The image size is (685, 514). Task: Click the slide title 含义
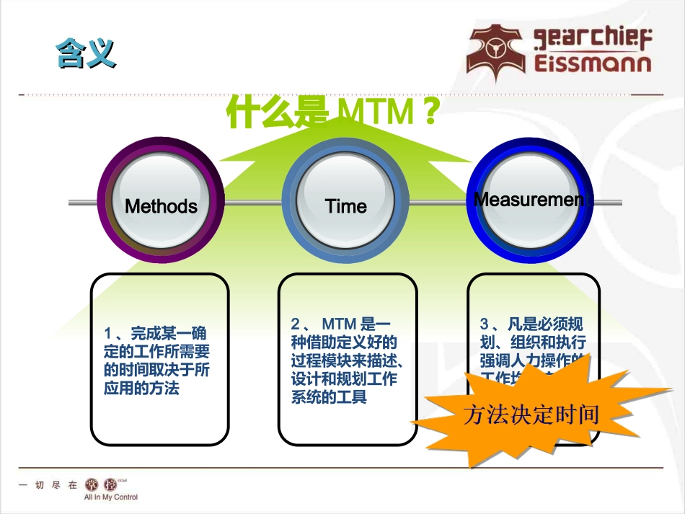(86, 55)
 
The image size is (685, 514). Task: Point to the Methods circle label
(161, 206)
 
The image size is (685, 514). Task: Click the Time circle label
(346, 206)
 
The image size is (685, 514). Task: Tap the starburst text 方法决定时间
(531, 415)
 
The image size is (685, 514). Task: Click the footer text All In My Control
(110, 497)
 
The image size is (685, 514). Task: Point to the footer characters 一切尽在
(48, 485)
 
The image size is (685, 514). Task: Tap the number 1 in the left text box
(108, 334)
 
